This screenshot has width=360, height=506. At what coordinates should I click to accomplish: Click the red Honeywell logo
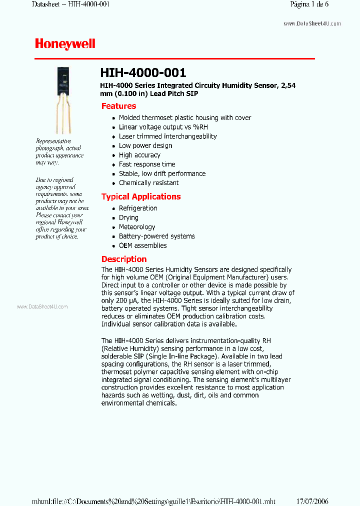pyautogui.click(x=65, y=44)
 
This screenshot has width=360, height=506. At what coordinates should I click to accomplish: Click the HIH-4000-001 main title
pyautogui.click(x=143, y=73)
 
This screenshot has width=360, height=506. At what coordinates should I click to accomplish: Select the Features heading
pyautogui.click(x=118, y=106)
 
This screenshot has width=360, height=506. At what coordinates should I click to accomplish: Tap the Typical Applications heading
pyautogui.click(x=141, y=196)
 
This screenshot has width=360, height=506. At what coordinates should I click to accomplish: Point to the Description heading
pyautogui.click(x=124, y=259)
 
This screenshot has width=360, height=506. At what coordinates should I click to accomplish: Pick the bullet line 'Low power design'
pyautogui.click(x=145, y=145)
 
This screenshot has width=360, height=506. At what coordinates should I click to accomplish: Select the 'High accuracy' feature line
pyautogui.click(x=139, y=155)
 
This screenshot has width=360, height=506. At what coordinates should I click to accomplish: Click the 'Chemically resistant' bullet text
pyautogui.click(x=149, y=183)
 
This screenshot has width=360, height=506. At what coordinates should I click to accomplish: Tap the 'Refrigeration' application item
pyautogui.click(x=138, y=208)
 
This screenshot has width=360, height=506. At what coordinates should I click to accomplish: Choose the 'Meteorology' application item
pyautogui.click(x=137, y=227)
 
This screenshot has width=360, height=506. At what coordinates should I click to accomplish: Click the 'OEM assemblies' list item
pyautogui.click(x=143, y=245)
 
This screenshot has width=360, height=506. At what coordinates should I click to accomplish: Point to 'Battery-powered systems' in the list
pyautogui.click(x=157, y=236)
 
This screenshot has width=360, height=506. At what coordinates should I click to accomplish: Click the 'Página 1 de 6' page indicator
pyautogui.click(x=309, y=4)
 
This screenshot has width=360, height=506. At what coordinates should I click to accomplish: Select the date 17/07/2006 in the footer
pyautogui.click(x=312, y=501)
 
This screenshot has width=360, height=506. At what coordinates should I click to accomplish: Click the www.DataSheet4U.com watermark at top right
pyautogui.click(x=312, y=23)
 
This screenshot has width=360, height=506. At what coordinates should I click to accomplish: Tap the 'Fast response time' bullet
pyautogui.click(x=147, y=164)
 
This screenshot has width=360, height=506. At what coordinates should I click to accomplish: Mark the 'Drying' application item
pyautogui.click(x=128, y=217)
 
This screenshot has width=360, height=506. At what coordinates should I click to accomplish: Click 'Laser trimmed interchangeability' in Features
pyautogui.click(x=168, y=136)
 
